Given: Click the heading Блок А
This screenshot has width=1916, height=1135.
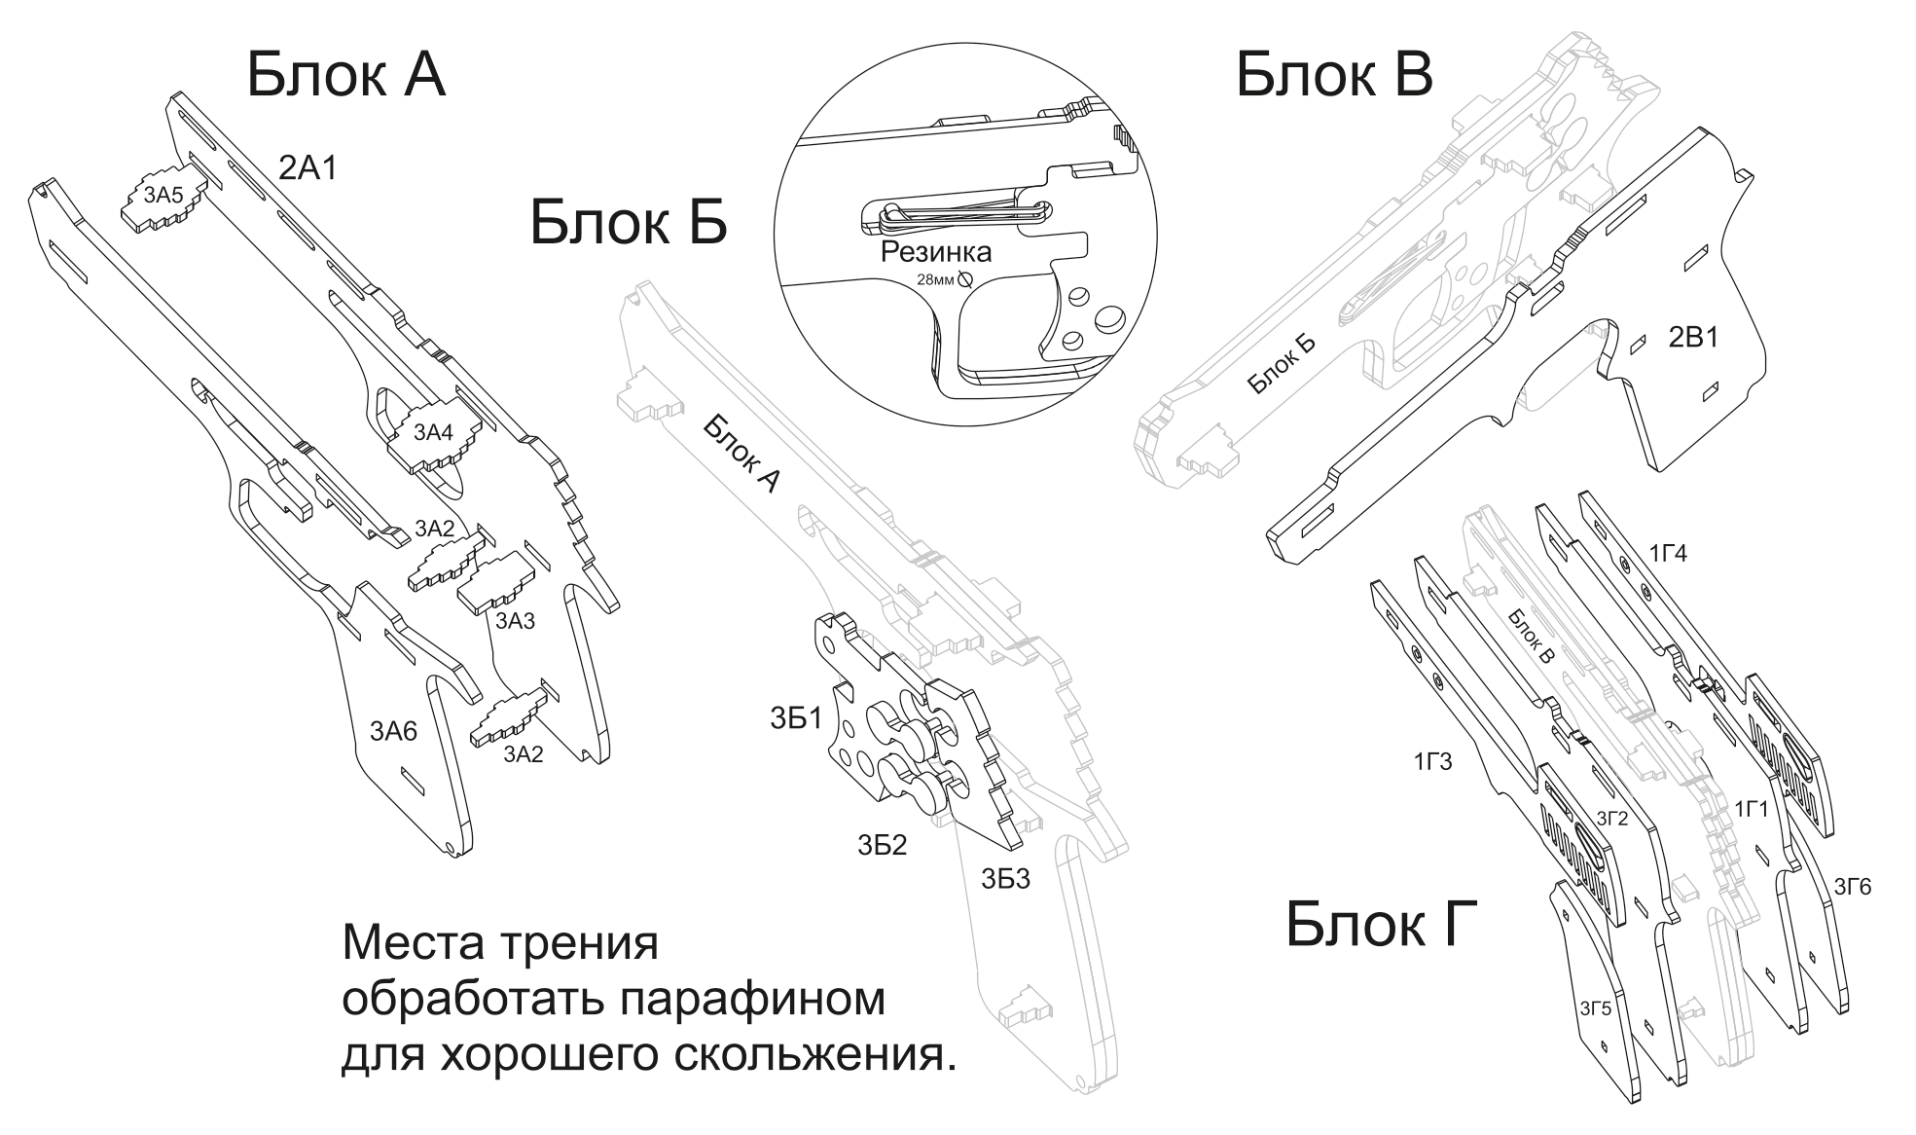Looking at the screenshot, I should click(x=345, y=76).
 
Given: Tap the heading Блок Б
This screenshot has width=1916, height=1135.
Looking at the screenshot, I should click(x=628, y=223).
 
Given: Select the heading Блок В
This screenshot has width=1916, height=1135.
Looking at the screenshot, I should click(x=1333, y=76).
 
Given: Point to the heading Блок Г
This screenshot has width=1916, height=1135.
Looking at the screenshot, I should click(x=1381, y=924).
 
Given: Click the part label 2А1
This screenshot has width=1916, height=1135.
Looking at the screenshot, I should click(x=307, y=168).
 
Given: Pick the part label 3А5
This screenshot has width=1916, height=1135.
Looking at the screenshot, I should click(x=163, y=196).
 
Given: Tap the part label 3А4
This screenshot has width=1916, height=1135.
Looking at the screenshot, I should click(x=434, y=432).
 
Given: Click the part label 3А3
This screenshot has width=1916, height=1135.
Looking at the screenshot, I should click(x=515, y=620).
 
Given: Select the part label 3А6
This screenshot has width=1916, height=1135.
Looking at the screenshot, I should click(x=393, y=730).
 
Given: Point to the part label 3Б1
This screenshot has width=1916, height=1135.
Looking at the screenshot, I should click(x=796, y=718).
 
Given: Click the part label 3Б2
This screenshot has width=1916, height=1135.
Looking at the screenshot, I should click(x=882, y=845).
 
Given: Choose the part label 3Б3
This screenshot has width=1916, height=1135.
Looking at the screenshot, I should click(x=1005, y=880).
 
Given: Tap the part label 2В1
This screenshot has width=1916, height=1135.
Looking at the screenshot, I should click(x=1693, y=338).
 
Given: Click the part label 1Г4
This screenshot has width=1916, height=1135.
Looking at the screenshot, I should click(x=1668, y=554).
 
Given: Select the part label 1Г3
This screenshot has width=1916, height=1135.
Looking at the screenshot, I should click(x=1432, y=761).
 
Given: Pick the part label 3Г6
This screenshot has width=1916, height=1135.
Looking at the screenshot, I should click(x=1853, y=887).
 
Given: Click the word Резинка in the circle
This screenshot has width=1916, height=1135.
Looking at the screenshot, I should click(x=935, y=253).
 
